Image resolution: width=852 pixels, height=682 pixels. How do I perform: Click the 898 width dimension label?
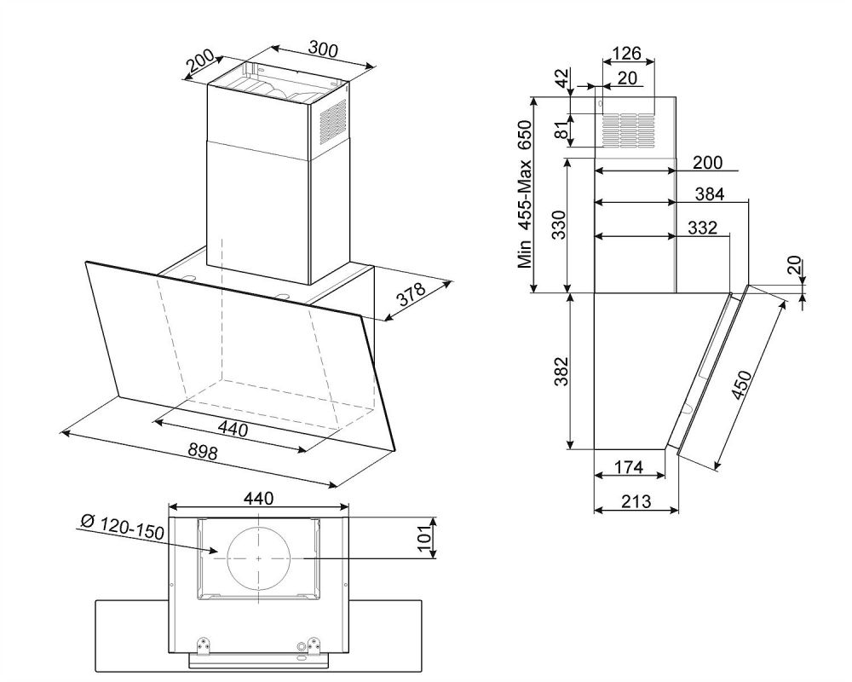click(203, 452)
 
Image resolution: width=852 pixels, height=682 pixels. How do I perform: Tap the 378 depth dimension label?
click(411, 293)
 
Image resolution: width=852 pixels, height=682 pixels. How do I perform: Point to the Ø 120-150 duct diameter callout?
click(122, 528)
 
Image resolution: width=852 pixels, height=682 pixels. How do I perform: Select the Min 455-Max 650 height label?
click(524, 194)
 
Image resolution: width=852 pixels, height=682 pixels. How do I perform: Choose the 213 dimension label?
click(636, 500)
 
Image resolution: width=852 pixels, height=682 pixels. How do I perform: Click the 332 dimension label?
click(702, 228)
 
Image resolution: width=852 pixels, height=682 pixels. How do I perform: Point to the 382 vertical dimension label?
click(561, 371)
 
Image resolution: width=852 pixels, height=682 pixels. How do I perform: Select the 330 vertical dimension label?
click(559, 224)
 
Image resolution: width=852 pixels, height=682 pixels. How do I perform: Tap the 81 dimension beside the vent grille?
click(563, 130)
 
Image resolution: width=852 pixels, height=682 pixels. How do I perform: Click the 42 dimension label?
click(563, 78)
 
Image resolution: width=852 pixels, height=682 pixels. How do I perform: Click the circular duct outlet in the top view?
click(259, 558)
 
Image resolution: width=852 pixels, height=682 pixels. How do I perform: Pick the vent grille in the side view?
click(628, 130)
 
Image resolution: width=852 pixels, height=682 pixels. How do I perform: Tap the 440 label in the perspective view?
click(233, 430)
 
